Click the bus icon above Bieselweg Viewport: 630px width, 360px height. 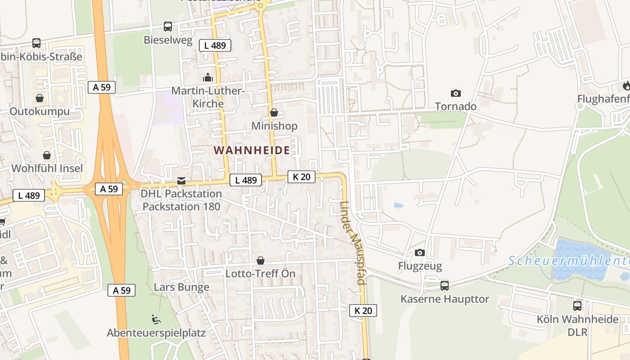click(x=168, y=27)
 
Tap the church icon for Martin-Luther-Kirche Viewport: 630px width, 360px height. click(x=207, y=77)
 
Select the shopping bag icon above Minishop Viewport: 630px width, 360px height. click(x=274, y=112)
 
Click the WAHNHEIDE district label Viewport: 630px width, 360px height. click(x=252, y=150)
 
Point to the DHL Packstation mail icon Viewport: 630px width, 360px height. click(x=181, y=180)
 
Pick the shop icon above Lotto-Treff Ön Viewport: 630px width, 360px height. click(x=260, y=261)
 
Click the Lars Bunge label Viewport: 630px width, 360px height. click(x=181, y=287)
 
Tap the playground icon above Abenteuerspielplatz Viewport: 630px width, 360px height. click(x=156, y=319)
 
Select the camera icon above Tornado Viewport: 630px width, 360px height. click(x=455, y=93)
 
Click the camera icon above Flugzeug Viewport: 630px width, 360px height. click(x=420, y=252)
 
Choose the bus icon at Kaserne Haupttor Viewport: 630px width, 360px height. click(x=445, y=285)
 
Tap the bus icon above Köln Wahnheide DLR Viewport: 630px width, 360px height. click(x=577, y=306)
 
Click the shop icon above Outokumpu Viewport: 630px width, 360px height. click(x=40, y=98)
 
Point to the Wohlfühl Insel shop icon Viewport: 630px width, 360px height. click(x=47, y=155)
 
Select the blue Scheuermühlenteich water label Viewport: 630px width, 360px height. click(x=569, y=261)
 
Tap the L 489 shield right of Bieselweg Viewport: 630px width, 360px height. click(x=215, y=45)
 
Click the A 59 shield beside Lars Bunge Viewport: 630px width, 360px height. click(x=121, y=290)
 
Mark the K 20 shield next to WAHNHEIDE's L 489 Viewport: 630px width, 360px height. click(x=301, y=177)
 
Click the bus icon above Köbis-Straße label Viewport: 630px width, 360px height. click(x=36, y=43)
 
